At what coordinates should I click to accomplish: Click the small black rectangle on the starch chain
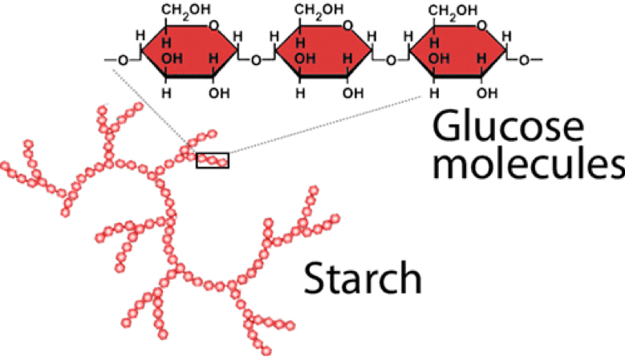213,160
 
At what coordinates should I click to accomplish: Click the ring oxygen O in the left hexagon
216,27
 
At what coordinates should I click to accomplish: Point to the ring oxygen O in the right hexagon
485,27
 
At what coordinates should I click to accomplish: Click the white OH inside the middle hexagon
302,59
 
